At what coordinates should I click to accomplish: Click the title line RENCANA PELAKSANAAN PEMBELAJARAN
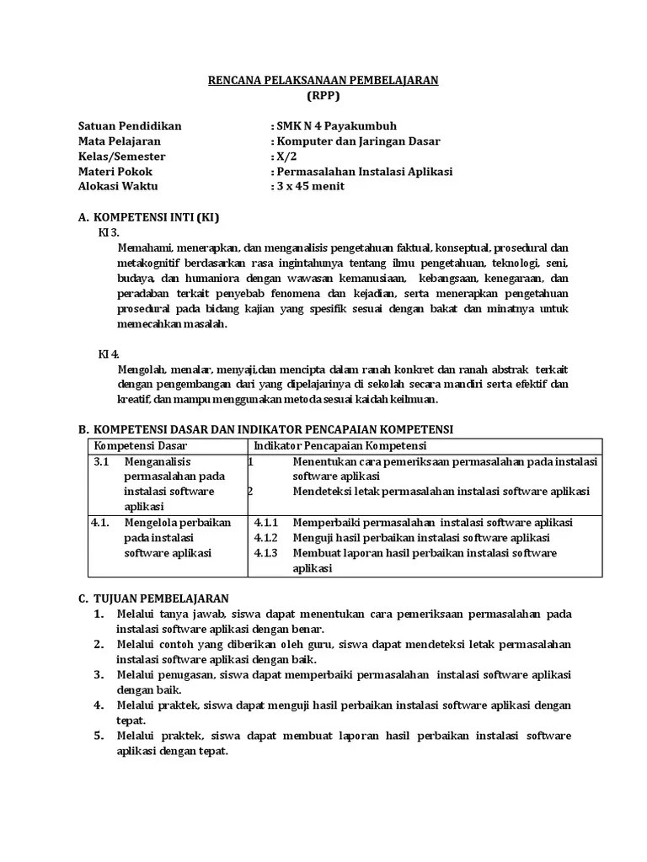click(x=323, y=80)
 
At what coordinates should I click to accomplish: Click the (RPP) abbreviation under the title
click(x=323, y=95)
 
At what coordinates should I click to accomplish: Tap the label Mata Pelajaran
click(x=119, y=141)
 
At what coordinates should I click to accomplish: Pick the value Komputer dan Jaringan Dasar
click(x=357, y=141)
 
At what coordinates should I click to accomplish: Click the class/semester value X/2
click(x=286, y=157)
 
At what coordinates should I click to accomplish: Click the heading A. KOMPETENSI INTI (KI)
click(x=148, y=217)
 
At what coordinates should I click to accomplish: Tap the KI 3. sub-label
click(x=110, y=231)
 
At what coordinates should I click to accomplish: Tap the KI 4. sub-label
click(x=110, y=354)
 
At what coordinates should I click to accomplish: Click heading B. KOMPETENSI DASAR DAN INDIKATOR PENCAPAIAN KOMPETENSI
click(x=265, y=429)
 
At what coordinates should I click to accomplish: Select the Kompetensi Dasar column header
click(x=141, y=444)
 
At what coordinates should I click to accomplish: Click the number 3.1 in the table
click(x=101, y=461)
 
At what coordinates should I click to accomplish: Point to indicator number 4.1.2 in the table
click(x=265, y=537)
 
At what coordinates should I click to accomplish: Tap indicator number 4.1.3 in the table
click(x=265, y=553)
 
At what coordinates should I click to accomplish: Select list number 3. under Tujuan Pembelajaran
click(x=99, y=674)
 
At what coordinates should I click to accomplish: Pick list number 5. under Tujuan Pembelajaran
click(x=99, y=736)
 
